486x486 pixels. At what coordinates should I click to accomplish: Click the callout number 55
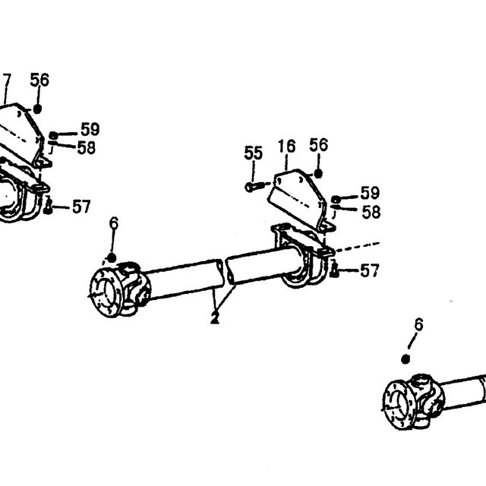(253, 153)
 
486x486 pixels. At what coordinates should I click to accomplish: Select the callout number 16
(287, 147)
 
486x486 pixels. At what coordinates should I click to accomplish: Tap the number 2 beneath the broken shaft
(214, 317)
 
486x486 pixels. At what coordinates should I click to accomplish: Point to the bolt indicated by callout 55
(255, 187)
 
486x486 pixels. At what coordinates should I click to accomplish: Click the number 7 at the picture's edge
(6, 80)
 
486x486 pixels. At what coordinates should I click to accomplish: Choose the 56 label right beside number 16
(319, 145)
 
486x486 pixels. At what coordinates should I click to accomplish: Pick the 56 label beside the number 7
(39, 80)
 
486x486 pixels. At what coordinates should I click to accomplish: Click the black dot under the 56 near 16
(318, 174)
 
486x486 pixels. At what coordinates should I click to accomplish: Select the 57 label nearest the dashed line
(370, 270)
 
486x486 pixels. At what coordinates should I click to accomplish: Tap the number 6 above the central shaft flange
(114, 222)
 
